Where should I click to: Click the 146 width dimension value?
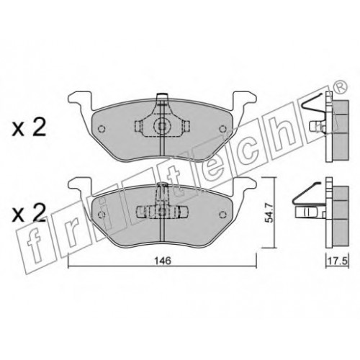pos(163,260)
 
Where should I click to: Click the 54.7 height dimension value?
pos(269,213)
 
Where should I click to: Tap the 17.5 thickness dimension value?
pos(338,261)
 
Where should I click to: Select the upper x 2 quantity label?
pos(29,128)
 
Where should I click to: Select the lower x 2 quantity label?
pos(29,213)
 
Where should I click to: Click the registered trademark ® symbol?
pos(341,87)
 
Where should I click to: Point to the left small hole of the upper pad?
pos(102,129)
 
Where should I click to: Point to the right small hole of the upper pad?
pos(222,129)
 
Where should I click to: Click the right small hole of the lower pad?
pos(223,215)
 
